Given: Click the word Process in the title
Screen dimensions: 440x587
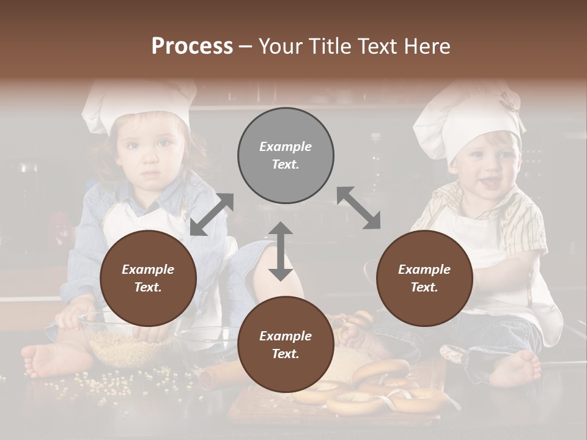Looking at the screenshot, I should coord(192,46).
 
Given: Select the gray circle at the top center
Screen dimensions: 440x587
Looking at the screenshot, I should coord(286,156).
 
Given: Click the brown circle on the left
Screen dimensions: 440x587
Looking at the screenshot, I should coord(148,278).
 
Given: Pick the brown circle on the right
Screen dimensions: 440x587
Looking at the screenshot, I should coord(424,278).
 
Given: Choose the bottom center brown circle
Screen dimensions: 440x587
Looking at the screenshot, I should coord(286,345).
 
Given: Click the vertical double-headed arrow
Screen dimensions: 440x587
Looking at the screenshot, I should coord(281,251).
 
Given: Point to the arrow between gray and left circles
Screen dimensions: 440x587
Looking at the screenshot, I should coord(212,214).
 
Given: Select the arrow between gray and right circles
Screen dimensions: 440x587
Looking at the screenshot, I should coord(358,208).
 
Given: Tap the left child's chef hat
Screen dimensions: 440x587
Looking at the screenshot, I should coord(138,104).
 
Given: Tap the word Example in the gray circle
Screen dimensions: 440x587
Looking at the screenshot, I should coord(286,147).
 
